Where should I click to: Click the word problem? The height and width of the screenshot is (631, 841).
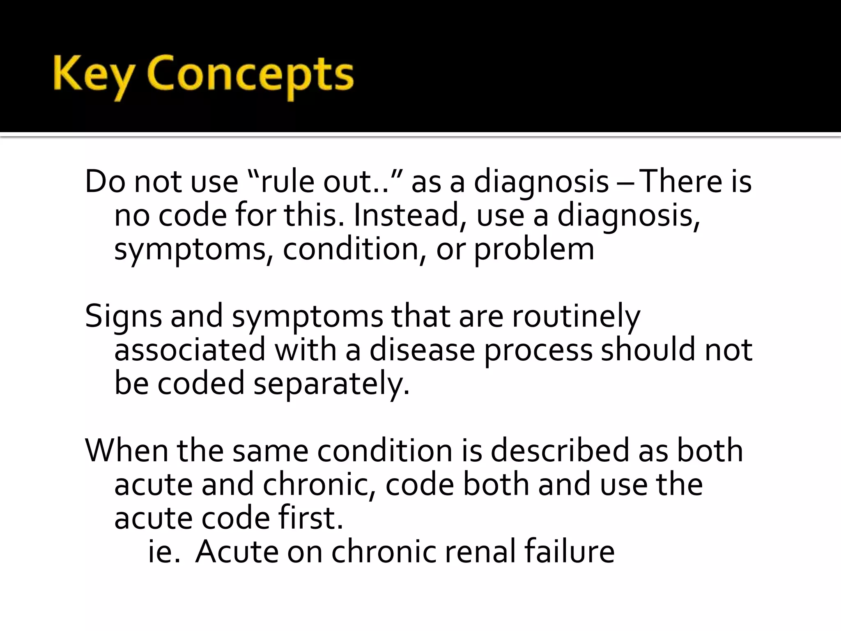534,250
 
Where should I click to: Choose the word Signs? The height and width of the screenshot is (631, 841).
124,317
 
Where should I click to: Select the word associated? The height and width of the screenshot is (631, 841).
190,350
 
